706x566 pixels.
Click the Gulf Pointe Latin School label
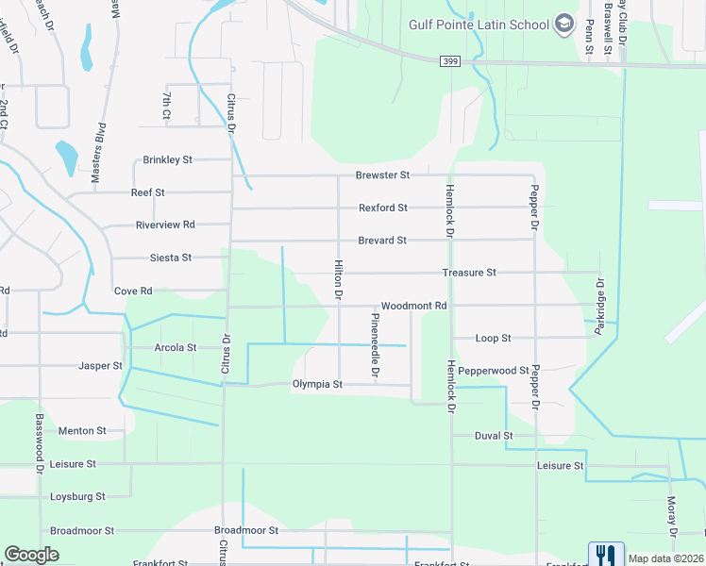point(479,25)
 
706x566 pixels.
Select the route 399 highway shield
point(449,61)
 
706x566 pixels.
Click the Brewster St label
point(382,175)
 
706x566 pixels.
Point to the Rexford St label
point(382,208)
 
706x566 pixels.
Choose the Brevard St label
point(381,241)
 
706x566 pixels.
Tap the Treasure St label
point(469,273)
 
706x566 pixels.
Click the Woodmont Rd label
point(412,307)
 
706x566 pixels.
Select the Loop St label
point(493,338)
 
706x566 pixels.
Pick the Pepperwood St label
point(497,371)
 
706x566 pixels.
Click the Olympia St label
point(316,385)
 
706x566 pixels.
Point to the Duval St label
point(494,436)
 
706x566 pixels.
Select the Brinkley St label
point(167,160)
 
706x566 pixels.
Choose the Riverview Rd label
point(164,225)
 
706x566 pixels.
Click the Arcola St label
point(175,347)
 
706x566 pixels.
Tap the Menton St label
point(82,431)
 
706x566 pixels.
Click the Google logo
point(31,555)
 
